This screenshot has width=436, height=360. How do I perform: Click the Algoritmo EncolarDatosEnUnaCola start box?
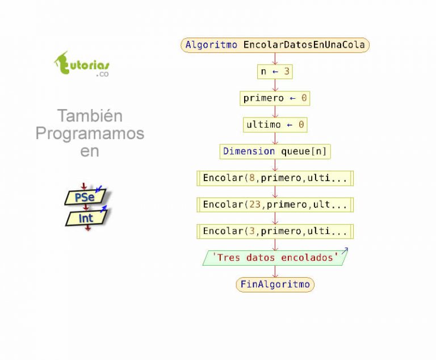point(275,45)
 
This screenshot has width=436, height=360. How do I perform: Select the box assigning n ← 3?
point(275,72)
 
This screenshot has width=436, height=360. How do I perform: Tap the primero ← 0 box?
point(275,98)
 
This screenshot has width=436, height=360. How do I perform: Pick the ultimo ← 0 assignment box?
point(275,124)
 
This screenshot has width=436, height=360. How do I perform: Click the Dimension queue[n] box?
point(275,152)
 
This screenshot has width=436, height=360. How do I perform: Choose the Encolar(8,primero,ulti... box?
point(275,178)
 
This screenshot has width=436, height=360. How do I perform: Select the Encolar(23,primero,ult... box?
point(275,205)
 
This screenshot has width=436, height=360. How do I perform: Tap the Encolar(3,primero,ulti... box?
point(275,231)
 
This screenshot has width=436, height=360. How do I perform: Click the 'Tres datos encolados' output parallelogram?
point(275,258)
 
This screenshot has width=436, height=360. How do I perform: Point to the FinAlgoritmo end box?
point(275,284)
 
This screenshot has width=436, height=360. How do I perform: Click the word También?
point(90,115)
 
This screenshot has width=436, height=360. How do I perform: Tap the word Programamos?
point(90,133)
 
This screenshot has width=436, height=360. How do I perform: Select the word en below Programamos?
point(90,152)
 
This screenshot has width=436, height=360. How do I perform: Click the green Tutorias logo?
point(82,64)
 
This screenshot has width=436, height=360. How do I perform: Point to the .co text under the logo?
point(102,74)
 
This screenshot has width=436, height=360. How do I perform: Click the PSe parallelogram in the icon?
point(85,197)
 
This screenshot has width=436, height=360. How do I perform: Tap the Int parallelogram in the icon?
point(86,218)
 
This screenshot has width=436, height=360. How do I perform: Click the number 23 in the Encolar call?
point(255,204)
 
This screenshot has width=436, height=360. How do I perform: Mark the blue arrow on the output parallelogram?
point(345,251)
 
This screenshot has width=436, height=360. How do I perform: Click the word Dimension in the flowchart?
point(249,152)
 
